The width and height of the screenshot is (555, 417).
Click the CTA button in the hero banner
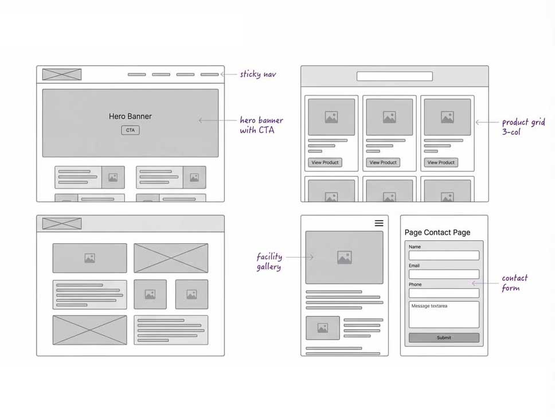(131, 130)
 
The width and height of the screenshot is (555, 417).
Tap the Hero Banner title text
(130, 116)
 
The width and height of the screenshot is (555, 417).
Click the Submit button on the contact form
(444, 338)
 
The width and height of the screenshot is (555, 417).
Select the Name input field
(444, 255)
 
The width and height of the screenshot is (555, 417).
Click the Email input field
(444, 274)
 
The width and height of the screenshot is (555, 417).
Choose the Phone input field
(444, 293)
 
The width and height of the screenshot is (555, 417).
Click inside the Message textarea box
(444, 315)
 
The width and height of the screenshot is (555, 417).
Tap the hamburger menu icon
(379, 223)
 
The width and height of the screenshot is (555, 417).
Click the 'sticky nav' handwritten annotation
(258, 74)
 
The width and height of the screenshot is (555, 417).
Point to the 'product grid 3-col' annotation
(523, 127)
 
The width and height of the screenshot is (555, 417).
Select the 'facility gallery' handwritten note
(269, 262)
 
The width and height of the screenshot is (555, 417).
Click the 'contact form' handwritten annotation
(514, 283)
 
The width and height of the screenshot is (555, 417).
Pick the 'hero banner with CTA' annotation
(261, 125)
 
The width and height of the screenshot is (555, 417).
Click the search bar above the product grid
(394, 76)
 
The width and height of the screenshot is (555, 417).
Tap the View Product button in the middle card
(383, 162)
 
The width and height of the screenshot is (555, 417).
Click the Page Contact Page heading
(437, 232)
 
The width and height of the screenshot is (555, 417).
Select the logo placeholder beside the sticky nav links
(62, 75)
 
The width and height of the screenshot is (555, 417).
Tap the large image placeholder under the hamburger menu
(344, 258)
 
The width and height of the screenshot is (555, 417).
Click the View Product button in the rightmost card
(441, 162)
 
